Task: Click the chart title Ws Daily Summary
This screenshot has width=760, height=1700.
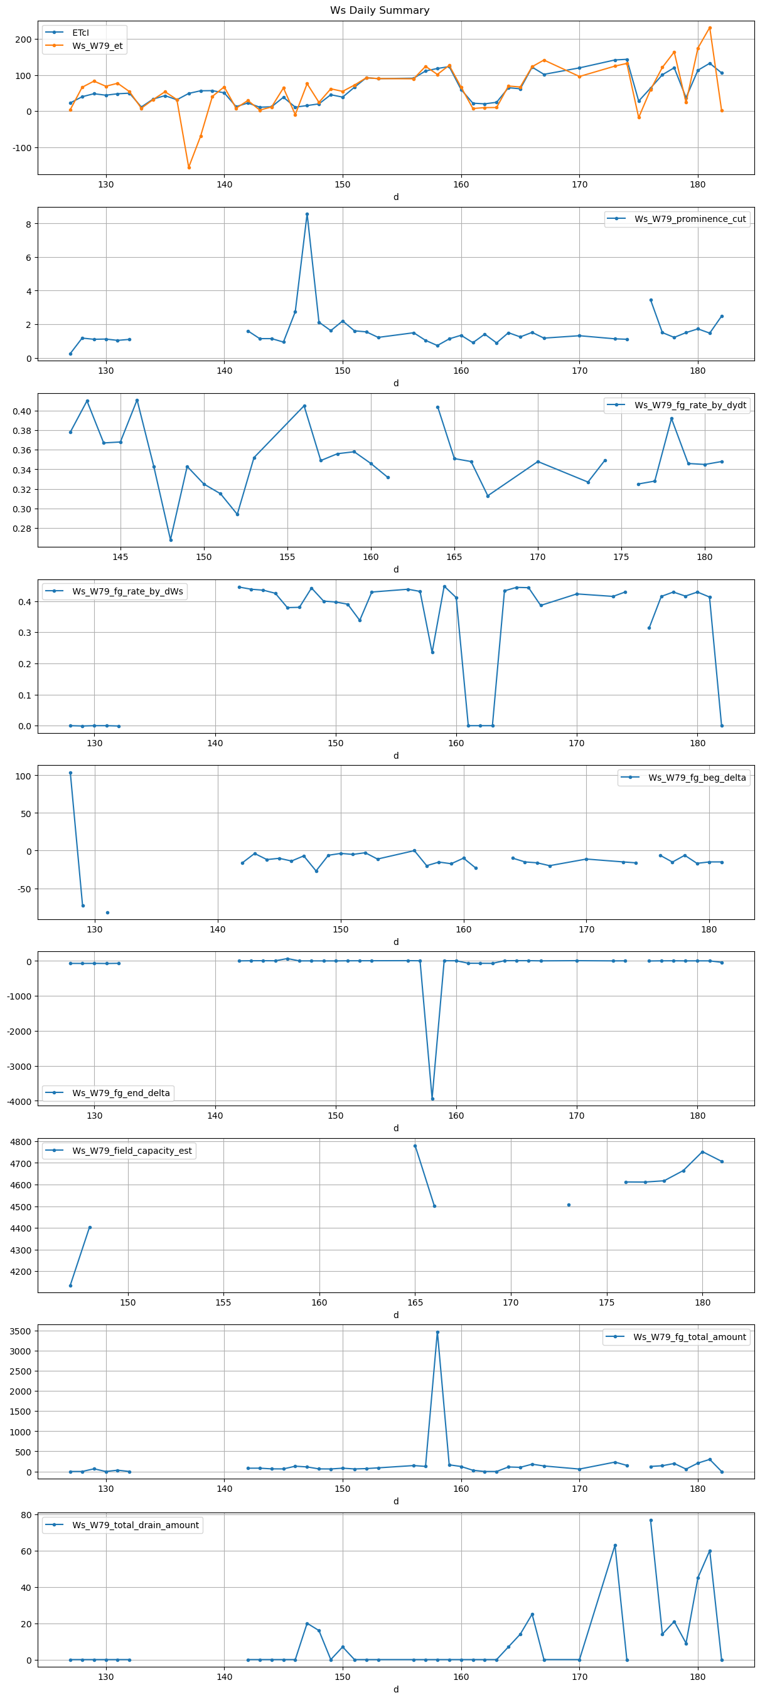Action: pos(380,11)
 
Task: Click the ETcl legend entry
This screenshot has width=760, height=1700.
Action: pos(80,33)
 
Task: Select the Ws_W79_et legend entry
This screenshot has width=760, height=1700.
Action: pos(97,46)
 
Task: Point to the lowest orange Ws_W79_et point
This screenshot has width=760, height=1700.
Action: pos(189,167)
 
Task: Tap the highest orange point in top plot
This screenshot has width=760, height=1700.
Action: pos(710,28)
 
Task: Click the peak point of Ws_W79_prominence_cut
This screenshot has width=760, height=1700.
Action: pos(307,214)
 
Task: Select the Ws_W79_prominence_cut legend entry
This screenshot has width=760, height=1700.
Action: pos(689,219)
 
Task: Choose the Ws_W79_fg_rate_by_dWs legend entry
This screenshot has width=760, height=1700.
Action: pos(127,591)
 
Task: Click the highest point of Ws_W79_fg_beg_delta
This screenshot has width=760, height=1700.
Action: pos(71,773)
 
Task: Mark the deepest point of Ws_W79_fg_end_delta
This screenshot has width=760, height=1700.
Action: pos(432,1099)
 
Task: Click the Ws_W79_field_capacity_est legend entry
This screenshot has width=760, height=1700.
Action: pos(131,1151)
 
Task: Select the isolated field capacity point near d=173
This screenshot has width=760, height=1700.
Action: pos(569,1205)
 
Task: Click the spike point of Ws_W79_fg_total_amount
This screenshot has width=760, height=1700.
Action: pos(437,1333)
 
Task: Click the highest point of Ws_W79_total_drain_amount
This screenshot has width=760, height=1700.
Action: pos(651,1521)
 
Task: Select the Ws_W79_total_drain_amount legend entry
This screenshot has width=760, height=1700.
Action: pos(135,1525)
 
